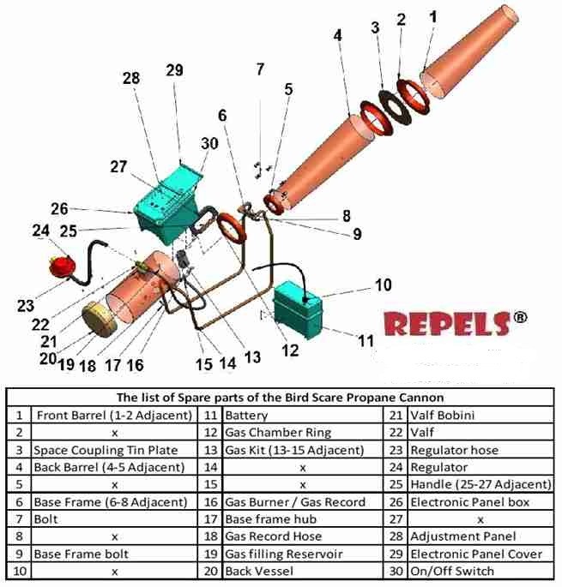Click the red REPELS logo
[x=448, y=325]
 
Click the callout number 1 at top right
[x=432, y=15]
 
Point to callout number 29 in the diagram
[x=174, y=71]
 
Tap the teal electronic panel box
[x=165, y=206]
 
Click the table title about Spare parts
[x=280, y=398]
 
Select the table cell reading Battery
[x=246, y=416]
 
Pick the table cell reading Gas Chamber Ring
[x=277, y=433]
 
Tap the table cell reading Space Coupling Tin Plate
[x=106, y=450]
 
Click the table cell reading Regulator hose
[x=454, y=450]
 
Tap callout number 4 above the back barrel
[x=337, y=35]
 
